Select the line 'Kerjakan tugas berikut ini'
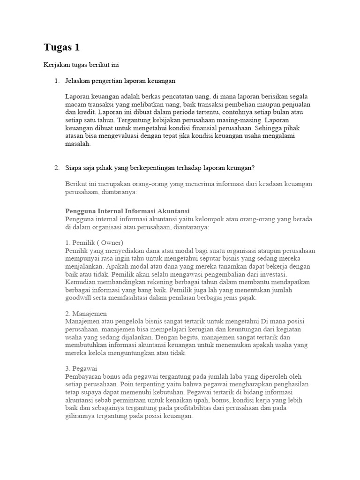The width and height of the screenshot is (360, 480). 84,65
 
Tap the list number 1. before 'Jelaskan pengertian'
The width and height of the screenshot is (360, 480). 57,81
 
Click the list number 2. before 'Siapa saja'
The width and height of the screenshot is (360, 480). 57,168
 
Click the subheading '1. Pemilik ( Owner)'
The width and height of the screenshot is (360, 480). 94,243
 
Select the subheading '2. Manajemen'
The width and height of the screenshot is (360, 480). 86,313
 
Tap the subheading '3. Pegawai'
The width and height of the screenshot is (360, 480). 82,368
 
